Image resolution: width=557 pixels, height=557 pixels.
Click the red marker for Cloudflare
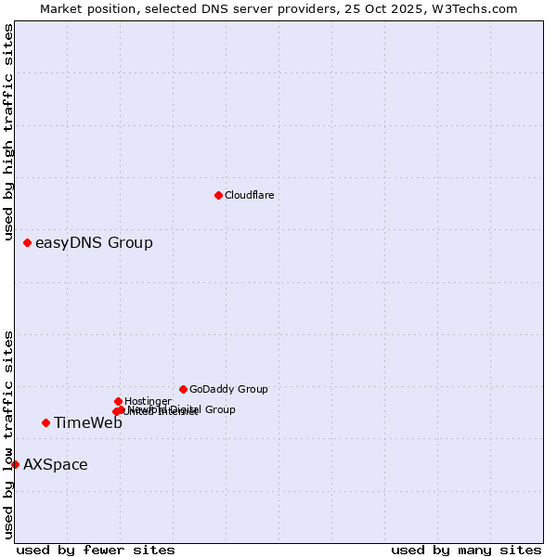(218, 195)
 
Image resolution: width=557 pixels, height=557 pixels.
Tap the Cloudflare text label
(249, 195)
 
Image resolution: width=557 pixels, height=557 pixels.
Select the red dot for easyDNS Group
(27, 242)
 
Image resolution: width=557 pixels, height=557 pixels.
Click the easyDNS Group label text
(94, 243)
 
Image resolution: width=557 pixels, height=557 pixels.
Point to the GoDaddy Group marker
(183, 389)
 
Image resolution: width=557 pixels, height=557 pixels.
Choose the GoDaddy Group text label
(228, 390)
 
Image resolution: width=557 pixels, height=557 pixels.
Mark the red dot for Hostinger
(118, 401)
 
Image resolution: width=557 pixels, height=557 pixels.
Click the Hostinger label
(148, 401)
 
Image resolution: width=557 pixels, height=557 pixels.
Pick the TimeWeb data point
(45, 422)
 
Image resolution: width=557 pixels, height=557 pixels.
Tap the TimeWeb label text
(88, 423)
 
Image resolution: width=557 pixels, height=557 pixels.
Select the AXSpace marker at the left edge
(15, 464)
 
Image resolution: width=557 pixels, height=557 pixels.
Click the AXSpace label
(56, 465)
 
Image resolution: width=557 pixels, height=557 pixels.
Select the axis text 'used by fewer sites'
(96, 550)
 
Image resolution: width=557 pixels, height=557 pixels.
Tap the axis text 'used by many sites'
(466, 550)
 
